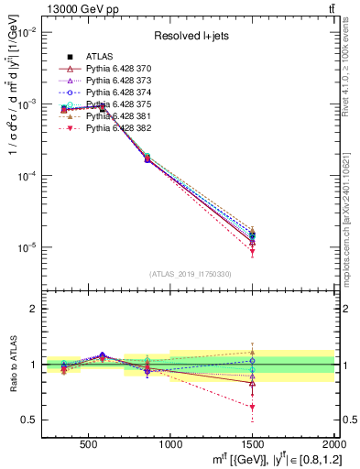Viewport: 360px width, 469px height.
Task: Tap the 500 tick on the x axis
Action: click(x=89, y=442)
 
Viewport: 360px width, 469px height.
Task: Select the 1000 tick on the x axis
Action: click(x=170, y=442)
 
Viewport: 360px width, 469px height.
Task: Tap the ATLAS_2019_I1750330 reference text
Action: click(x=191, y=273)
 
